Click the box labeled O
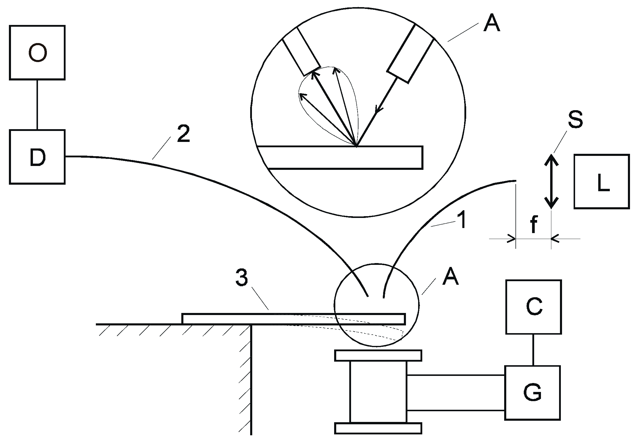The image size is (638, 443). click(37, 53)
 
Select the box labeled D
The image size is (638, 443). click(37, 157)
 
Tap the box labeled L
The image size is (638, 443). click(602, 181)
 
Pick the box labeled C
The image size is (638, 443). click(533, 307)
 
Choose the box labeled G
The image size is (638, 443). click(532, 393)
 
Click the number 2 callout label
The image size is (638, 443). click(183, 134)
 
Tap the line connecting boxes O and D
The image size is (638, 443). click(37, 105)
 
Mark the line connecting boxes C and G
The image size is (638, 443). click(533, 349)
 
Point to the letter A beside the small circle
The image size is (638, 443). click(450, 277)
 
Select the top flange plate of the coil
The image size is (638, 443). click(378, 355)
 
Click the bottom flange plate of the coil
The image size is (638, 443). click(378, 428)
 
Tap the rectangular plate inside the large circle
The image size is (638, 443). click(341, 157)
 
